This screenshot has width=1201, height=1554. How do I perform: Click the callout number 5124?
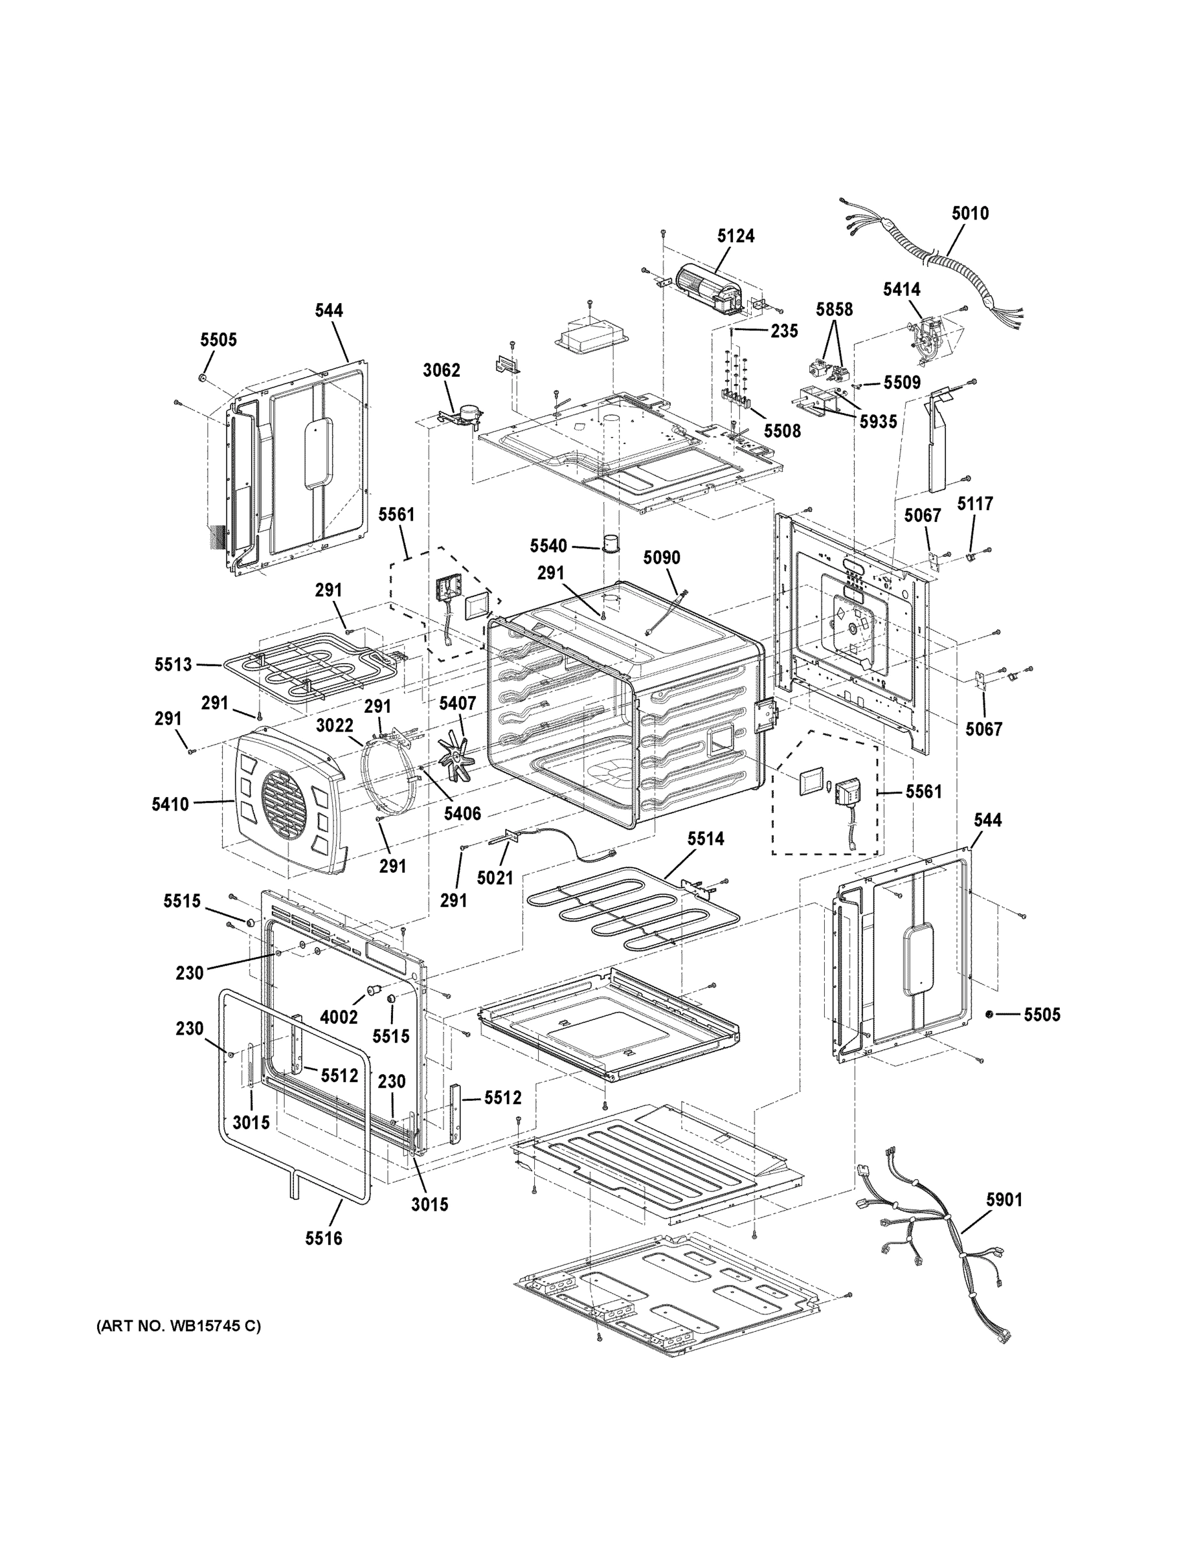(x=735, y=236)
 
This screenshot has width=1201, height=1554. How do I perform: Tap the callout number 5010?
(x=970, y=214)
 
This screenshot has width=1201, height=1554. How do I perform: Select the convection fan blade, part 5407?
(x=457, y=760)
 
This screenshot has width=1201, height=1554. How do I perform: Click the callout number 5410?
(x=170, y=805)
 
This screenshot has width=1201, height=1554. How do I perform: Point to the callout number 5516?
(x=324, y=1239)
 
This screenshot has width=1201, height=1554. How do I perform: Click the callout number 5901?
(x=1004, y=1200)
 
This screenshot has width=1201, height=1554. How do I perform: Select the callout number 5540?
(x=548, y=546)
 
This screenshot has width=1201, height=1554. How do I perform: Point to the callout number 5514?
(x=705, y=840)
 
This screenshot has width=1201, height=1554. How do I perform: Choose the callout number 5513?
(x=174, y=664)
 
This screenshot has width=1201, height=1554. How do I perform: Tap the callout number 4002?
(x=339, y=1017)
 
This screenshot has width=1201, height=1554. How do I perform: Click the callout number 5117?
(x=975, y=504)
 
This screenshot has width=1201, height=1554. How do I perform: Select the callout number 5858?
(x=834, y=310)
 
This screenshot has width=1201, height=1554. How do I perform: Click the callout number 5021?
(x=495, y=879)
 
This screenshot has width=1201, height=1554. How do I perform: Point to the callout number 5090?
(x=662, y=558)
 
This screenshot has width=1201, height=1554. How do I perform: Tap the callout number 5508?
(x=783, y=431)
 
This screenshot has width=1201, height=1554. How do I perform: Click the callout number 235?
(x=784, y=332)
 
